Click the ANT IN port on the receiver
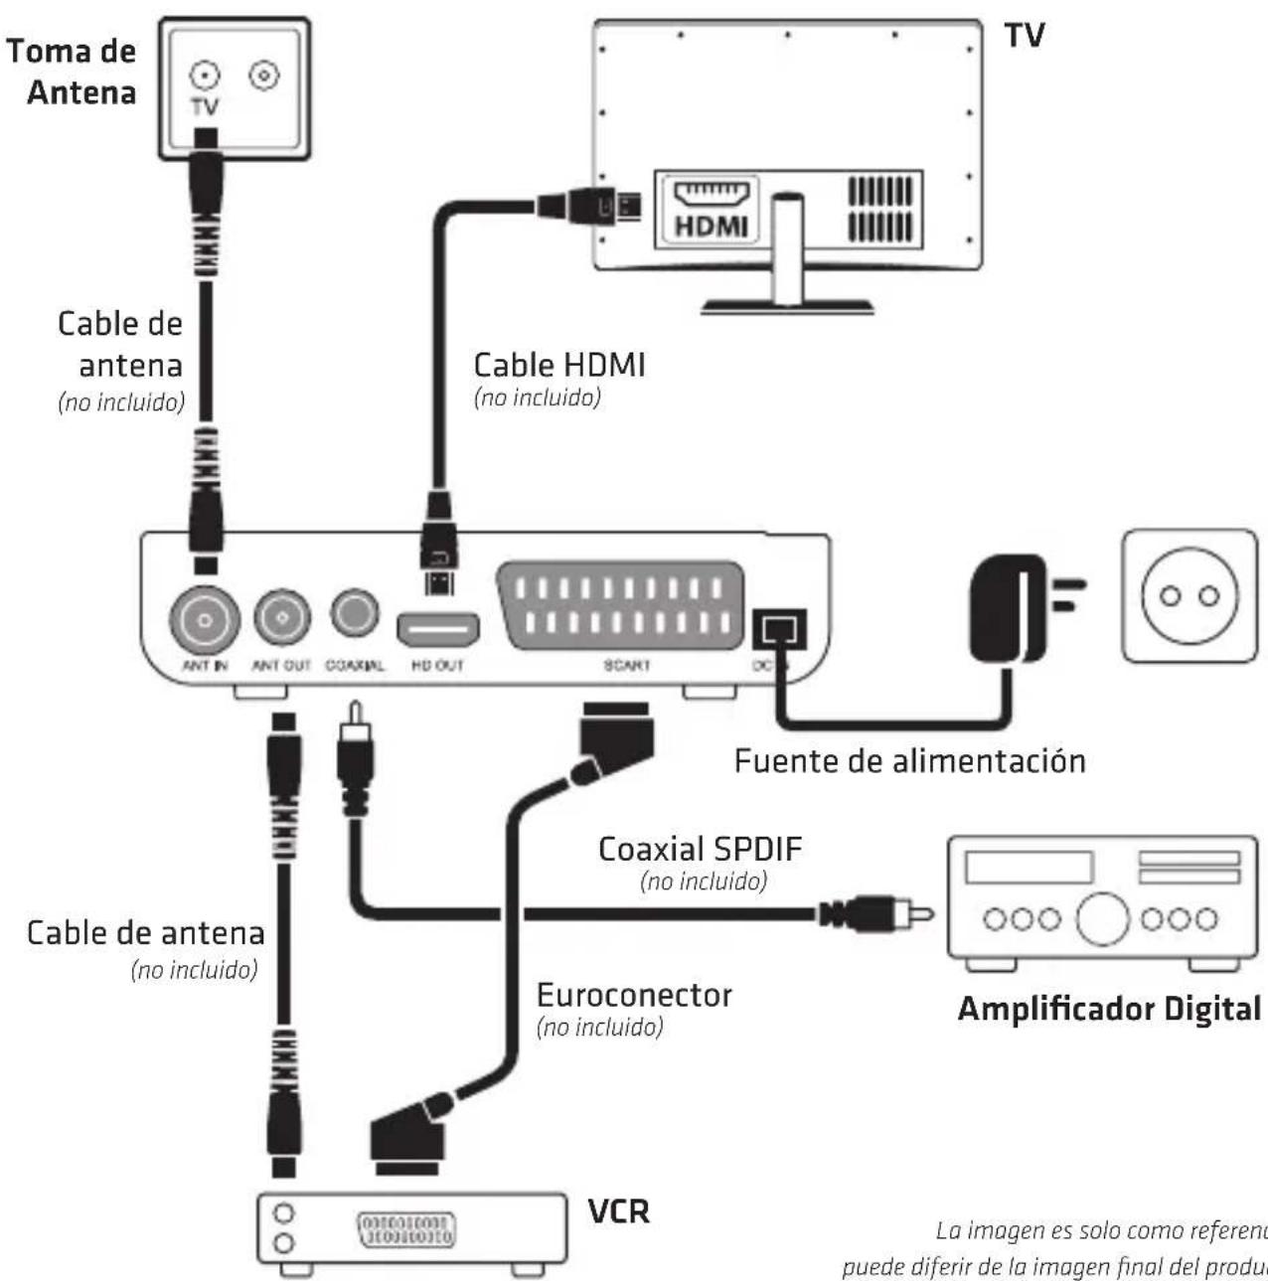[x=205, y=620]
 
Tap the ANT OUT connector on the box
[x=282, y=618]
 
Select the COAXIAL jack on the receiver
[x=354, y=614]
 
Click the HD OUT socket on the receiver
[x=438, y=629]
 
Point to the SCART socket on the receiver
[x=621, y=605]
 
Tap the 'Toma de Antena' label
[x=72, y=72]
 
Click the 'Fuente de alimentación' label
[x=909, y=761]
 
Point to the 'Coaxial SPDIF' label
[x=700, y=850]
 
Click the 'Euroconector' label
[x=634, y=995]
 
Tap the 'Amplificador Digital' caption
[x=1108, y=1009]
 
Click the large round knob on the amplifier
[x=1102, y=918]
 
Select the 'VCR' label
[x=618, y=1211]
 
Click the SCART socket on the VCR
[x=405, y=1228]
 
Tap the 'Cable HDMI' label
[x=559, y=365]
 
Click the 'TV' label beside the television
[x=1025, y=36]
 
